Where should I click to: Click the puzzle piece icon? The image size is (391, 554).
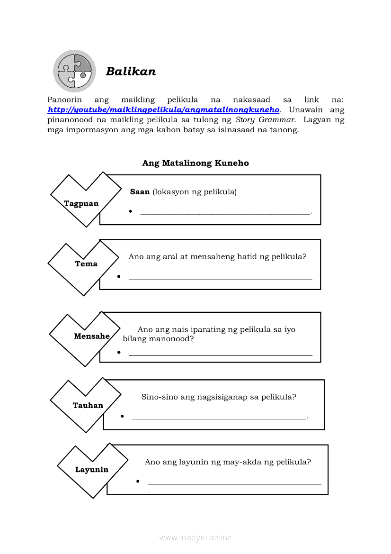tap(74, 71)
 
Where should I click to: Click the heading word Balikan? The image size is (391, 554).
tap(131, 72)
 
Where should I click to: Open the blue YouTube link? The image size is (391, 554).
tap(164, 110)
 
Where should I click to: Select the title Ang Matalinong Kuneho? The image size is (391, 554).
tap(195, 163)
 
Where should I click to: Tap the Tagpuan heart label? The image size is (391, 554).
tap(81, 203)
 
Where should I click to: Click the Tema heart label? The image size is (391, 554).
tap(86, 263)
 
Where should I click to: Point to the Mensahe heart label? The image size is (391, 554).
tap(91, 336)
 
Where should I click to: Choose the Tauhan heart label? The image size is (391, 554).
tap(88, 405)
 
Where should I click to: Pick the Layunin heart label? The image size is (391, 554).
tap(92, 470)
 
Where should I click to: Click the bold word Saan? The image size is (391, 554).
tap(140, 192)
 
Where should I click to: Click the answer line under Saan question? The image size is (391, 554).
tap(225, 213)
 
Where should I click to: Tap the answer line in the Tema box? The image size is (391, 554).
tap(220, 279)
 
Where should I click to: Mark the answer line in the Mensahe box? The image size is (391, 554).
tap(220, 354)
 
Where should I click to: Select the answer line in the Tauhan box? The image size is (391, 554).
tap(219, 418)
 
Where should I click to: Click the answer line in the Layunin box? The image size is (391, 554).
tap(234, 483)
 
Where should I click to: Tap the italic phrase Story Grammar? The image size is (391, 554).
tap(266, 120)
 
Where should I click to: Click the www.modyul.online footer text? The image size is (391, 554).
tap(195, 537)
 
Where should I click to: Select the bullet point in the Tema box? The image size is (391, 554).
tap(119, 276)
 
